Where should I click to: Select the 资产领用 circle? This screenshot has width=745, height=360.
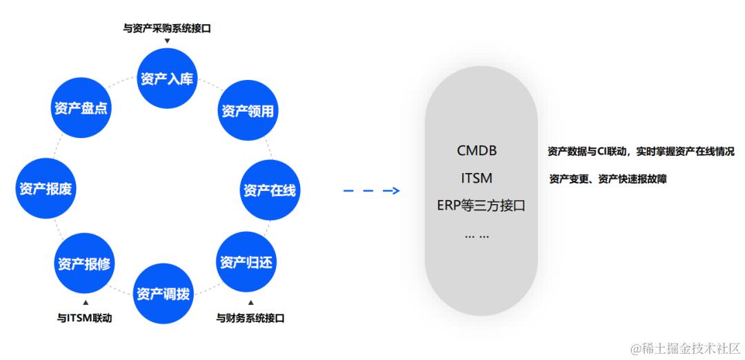248,111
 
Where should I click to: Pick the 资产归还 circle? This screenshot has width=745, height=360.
246,263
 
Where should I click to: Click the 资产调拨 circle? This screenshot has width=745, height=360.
163,293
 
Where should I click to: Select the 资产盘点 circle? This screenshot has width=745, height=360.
81,108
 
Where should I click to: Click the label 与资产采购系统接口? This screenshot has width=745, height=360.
166,28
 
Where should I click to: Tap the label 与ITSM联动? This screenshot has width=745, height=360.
84,318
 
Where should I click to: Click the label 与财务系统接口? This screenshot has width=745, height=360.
250,318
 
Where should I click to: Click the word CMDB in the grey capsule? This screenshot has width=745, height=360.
477,150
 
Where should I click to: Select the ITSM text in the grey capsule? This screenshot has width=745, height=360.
477,178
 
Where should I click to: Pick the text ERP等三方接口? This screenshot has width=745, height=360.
481,206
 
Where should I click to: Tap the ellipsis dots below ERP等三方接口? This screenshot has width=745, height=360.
477,235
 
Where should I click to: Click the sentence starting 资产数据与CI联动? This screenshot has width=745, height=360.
641,151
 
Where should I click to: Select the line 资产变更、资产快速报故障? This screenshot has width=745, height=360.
608,179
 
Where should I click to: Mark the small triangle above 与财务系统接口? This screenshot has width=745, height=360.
250,303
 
